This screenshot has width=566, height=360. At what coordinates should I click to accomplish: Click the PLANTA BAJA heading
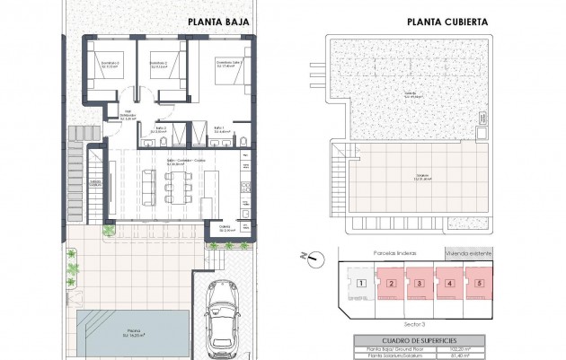pos(218,22)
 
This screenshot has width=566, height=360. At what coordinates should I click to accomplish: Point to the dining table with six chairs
pos(176,187)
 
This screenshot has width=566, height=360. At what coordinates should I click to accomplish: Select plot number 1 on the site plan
pos(360,284)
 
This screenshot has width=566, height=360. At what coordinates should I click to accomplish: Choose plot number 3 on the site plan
pos(420,284)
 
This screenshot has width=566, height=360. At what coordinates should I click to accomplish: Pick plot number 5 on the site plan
pos(480,284)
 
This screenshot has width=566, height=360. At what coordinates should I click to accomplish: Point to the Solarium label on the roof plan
pos(421,177)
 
